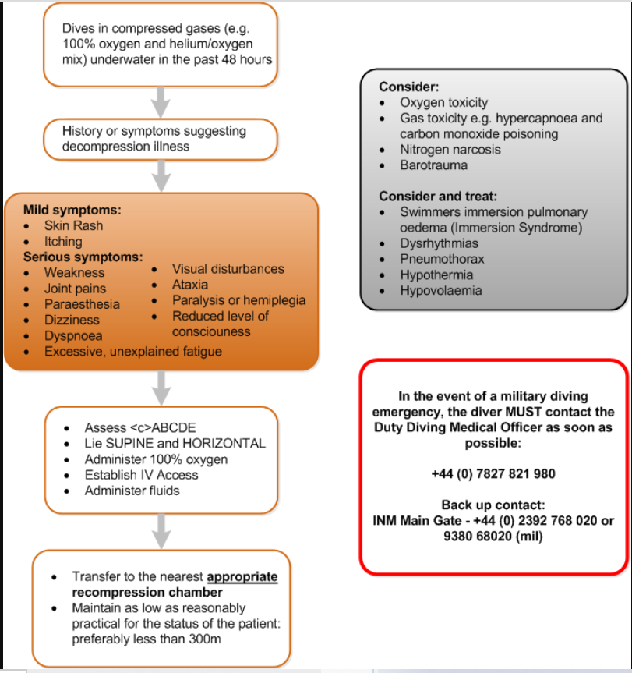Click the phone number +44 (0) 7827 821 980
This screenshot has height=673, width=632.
tap(493, 473)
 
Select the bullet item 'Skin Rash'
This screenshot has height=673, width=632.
tap(73, 225)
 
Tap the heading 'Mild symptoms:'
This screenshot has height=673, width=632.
tap(72, 210)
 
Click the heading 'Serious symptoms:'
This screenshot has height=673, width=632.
tap(83, 257)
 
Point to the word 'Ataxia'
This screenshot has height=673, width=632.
tap(190, 285)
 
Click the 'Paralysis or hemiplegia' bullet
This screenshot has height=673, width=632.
tap(238, 300)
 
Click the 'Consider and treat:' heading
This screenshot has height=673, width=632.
tap(438, 196)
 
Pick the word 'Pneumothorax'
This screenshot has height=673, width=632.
tap(442, 259)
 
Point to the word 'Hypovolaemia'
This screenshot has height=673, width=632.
tap(441, 290)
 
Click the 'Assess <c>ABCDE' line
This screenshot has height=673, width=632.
tap(140, 427)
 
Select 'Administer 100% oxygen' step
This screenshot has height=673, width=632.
tap(156, 459)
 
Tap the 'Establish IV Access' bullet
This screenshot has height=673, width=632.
tap(141, 475)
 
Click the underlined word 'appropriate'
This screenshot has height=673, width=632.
tap(242, 576)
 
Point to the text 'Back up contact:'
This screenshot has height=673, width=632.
tap(493, 505)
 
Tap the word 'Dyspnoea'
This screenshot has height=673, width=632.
tap(73, 336)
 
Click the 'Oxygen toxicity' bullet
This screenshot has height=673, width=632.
tap(443, 102)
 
